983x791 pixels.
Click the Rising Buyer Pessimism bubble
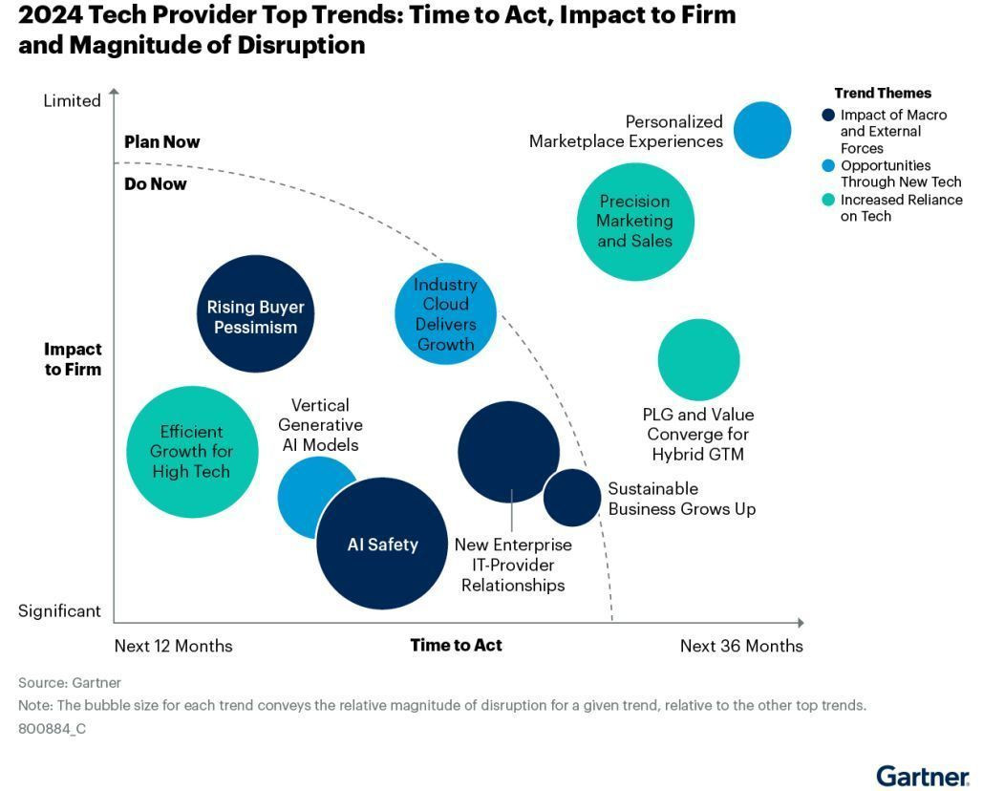255,314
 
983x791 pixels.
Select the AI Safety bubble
382,544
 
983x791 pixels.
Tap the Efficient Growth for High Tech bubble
193,452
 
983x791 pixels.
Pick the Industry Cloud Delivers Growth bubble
445,314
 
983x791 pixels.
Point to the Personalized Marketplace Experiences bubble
762,130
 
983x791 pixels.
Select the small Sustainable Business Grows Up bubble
571,497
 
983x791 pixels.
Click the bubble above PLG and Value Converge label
698,359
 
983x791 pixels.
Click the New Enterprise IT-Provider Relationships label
513,565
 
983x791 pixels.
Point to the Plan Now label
162,142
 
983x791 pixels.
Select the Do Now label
156,183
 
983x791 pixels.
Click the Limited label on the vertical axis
72,101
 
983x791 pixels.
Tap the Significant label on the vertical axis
59,611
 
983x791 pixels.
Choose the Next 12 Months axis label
173,646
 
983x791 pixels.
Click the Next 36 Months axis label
741,646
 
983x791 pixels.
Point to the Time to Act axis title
456,645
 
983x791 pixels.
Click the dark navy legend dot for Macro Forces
829,116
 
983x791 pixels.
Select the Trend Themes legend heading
883,94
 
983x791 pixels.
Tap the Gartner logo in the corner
922,775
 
